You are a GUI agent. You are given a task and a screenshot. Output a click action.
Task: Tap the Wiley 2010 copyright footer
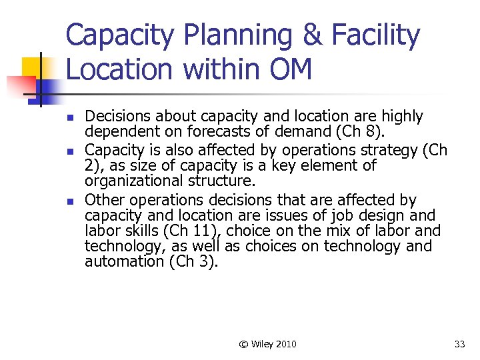pyautogui.click(x=268, y=344)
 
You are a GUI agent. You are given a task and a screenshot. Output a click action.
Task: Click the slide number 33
pyautogui.click(x=459, y=344)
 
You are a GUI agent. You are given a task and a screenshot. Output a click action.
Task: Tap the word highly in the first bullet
pyautogui.click(x=400, y=117)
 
